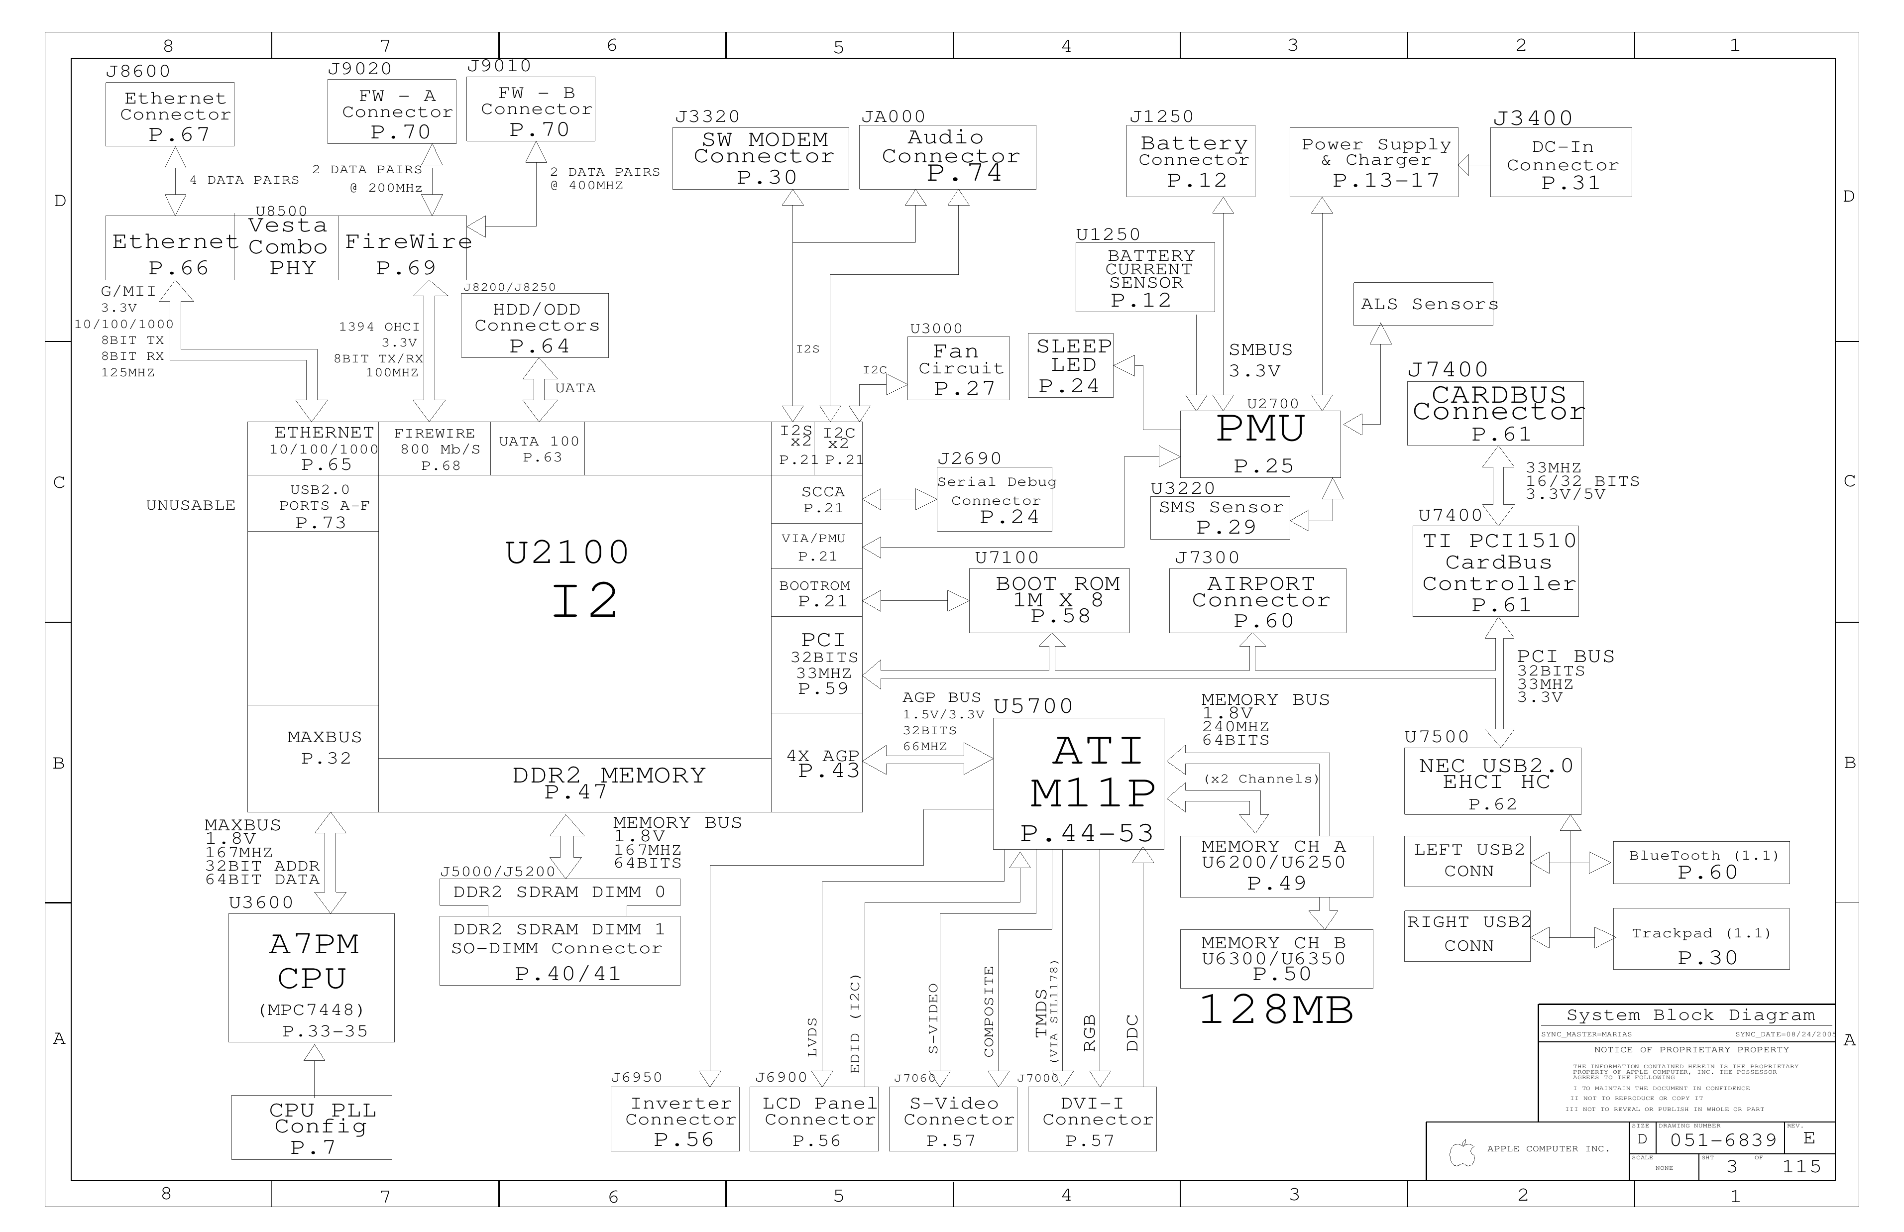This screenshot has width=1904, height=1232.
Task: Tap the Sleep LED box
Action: click(1070, 365)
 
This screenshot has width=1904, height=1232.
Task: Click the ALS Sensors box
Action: click(1423, 304)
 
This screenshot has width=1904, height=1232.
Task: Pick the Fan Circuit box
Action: click(958, 368)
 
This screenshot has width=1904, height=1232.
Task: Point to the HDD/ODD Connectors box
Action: click(535, 326)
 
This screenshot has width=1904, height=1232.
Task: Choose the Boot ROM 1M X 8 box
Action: click(1050, 601)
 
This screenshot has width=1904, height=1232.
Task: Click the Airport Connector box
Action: click(1257, 601)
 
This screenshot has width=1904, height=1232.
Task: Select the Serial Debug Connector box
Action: click(995, 500)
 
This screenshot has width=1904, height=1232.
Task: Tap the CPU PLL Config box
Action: click(312, 1127)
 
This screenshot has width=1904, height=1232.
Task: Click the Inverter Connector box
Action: click(675, 1119)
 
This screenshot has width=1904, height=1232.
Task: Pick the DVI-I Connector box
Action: click(1092, 1119)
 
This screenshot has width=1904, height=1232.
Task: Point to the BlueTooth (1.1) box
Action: click(1701, 862)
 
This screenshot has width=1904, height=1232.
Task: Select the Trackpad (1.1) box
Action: click(1701, 938)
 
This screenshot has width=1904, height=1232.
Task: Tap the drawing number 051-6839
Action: click(1723, 1140)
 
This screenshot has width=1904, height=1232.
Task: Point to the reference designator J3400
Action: click(1533, 118)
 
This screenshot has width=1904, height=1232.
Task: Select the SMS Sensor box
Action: click(1220, 518)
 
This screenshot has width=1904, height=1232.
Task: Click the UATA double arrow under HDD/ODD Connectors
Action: click(540, 390)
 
